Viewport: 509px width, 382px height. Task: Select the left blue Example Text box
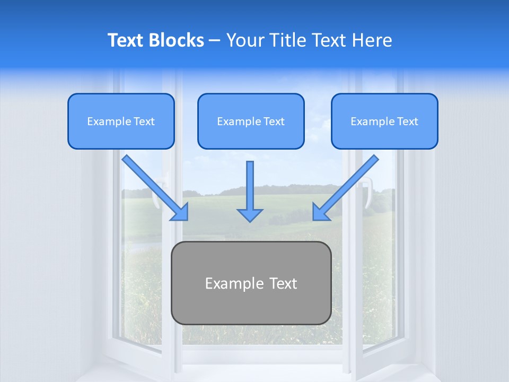121,121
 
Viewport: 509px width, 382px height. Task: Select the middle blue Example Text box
251,121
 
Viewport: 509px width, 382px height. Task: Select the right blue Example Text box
384,121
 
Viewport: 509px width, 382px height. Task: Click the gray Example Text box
251,283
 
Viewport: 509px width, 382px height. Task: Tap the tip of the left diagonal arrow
187,219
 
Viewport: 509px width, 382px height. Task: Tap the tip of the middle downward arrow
250,221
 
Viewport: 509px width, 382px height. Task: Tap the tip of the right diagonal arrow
314,219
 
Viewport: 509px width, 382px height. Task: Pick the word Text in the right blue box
408,121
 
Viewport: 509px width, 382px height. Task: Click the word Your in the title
245,40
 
